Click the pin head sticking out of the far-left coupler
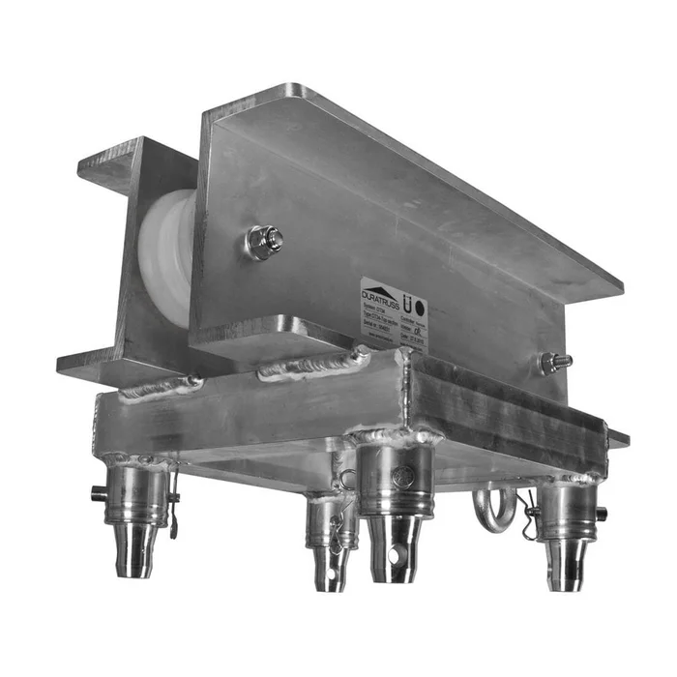(x=98, y=494)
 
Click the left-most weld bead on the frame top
(x=160, y=388)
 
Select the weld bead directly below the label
(x=314, y=365)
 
